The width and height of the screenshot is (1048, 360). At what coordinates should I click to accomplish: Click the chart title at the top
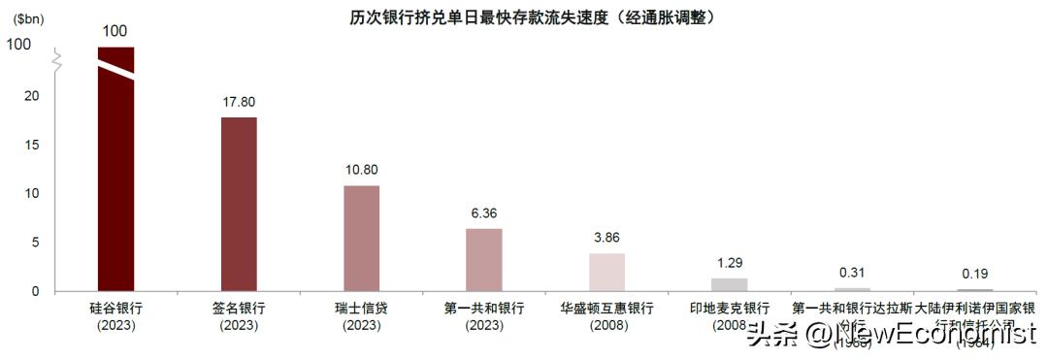524,17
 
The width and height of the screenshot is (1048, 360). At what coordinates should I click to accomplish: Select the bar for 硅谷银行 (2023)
116,194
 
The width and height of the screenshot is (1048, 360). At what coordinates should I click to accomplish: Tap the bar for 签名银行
239,204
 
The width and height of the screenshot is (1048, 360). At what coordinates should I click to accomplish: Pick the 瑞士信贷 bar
361,238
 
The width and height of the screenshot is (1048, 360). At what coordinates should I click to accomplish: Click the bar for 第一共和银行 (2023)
483,259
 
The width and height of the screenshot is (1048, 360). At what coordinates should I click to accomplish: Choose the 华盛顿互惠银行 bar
606,272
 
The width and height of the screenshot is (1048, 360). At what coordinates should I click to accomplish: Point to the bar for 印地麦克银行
729,284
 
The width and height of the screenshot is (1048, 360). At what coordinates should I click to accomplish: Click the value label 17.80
239,101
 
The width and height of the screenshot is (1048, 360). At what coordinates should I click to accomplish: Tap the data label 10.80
361,170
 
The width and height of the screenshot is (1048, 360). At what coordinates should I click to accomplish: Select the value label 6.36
483,213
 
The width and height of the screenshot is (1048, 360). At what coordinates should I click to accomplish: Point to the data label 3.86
606,237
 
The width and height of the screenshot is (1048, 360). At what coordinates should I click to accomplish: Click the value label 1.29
729,262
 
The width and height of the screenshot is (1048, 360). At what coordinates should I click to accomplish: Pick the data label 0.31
851,272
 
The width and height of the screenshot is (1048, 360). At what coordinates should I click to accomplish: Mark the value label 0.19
973,273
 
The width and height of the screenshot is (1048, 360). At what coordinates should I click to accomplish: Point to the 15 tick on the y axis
32,145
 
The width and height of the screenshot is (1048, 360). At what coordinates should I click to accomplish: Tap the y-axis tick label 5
35,243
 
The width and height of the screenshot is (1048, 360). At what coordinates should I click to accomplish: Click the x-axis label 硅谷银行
116,309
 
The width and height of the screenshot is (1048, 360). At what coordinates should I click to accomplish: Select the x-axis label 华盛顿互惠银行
606,309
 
